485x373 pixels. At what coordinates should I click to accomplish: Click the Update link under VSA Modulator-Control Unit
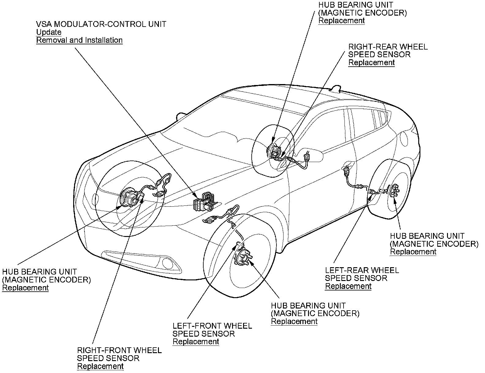point(49,32)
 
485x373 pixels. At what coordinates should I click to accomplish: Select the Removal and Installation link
point(79,40)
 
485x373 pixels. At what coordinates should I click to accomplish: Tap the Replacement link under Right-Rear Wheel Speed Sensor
point(372,63)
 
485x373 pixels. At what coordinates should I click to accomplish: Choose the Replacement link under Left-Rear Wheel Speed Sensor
point(348,286)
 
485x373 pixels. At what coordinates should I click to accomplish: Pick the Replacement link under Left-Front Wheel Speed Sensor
point(196,342)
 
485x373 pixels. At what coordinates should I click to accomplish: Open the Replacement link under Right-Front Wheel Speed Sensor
point(100,366)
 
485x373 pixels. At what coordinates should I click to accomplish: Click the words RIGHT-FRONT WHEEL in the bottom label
point(119,350)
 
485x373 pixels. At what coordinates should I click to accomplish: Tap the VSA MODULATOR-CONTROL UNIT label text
point(101,24)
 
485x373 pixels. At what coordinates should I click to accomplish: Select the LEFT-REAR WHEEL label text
point(362,270)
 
